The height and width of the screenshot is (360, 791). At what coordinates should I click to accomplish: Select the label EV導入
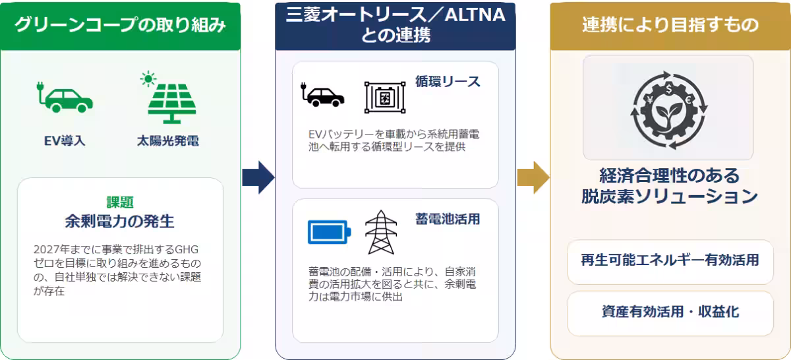[65, 141]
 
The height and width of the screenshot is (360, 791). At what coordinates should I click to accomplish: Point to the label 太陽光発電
[168, 141]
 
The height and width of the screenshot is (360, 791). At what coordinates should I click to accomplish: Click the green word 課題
[120, 202]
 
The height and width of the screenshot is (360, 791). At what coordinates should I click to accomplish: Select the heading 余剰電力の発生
[120, 222]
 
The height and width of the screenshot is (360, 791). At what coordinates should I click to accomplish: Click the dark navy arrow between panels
[258, 177]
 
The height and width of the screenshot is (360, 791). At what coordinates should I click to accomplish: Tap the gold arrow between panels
[533, 177]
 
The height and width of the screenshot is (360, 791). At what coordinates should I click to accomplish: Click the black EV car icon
[322, 95]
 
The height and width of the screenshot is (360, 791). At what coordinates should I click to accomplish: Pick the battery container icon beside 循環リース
[385, 98]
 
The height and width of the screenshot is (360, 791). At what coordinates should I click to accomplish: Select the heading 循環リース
[448, 82]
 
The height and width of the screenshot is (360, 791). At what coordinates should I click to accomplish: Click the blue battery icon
[329, 232]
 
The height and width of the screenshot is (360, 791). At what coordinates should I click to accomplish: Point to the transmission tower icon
[381, 233]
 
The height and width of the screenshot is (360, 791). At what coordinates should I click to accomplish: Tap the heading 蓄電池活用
[448, 219]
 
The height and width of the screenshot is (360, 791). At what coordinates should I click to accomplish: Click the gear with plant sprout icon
[669, 110]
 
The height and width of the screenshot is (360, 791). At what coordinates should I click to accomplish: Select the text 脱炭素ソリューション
[670, 196]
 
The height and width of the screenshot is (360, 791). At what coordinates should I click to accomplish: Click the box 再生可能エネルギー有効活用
[670, 262]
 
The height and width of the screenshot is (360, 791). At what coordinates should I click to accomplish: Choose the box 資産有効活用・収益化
[670, 313]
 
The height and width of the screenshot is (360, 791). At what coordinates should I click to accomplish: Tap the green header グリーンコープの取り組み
[121, 26]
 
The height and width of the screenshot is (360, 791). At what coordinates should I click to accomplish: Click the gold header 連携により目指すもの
[670, 26]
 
